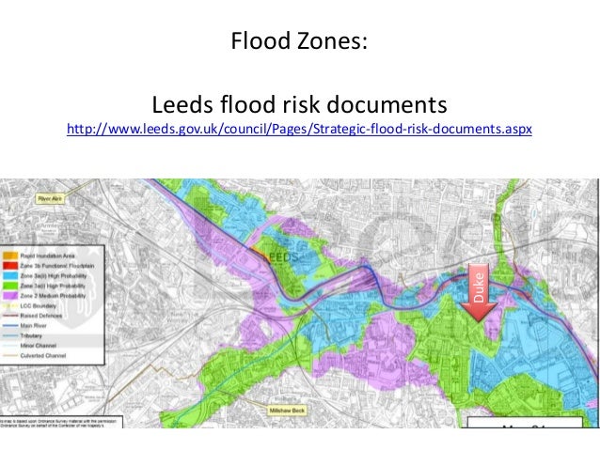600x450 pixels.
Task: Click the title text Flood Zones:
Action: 300,42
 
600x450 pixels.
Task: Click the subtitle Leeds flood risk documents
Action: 300,101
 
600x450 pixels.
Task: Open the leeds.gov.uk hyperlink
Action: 300,127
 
